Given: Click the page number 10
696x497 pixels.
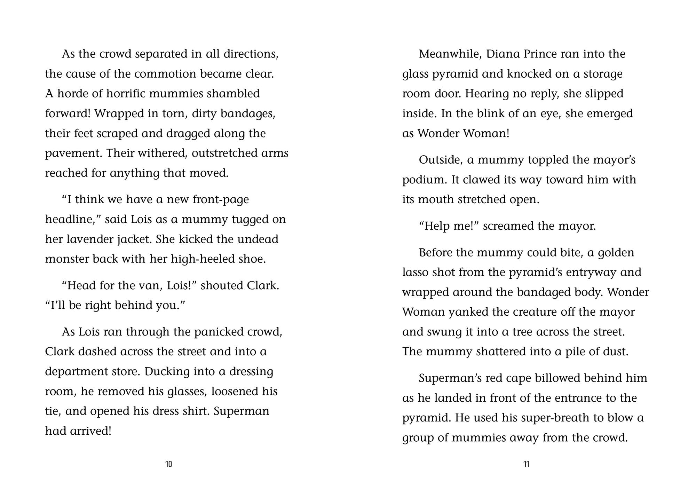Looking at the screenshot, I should click(169, 464).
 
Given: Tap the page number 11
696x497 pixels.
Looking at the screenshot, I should click(526, 464).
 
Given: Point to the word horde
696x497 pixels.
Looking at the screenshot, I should click(73, 94).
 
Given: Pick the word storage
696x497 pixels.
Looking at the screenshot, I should click(603, 74).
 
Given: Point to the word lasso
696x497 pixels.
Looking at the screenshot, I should click(415, 272).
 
